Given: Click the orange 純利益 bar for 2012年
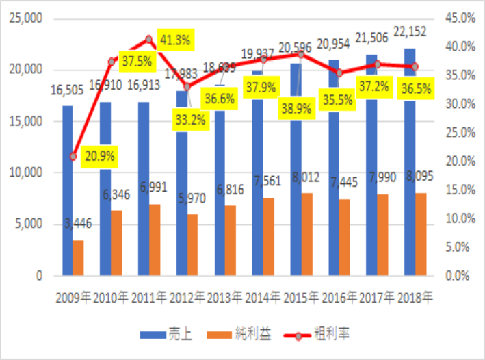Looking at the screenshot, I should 192,246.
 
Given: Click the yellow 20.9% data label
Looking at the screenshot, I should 101,156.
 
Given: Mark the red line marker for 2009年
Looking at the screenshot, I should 73,157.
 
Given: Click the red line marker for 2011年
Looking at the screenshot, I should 149,39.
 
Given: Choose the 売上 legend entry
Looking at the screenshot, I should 167,335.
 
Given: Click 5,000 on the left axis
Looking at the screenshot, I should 30,224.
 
